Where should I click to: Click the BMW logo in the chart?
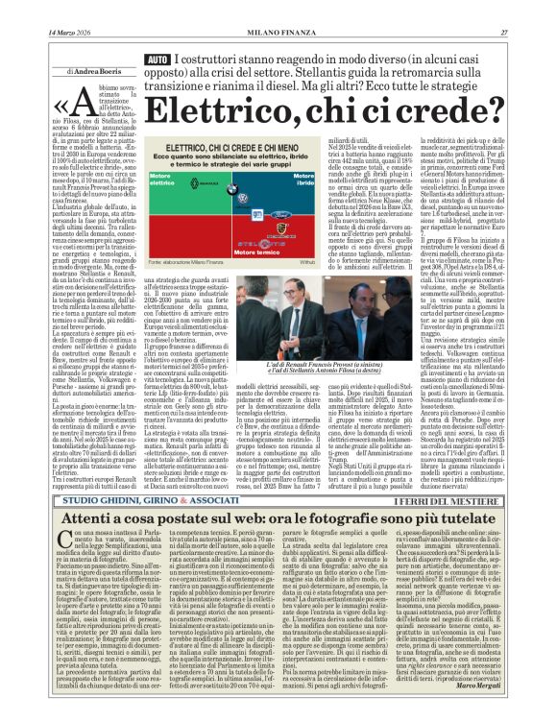(x=232, y=189)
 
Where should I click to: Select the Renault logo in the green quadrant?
(x=195, y=183)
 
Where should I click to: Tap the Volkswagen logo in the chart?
(x=244, y=199)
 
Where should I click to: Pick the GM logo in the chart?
(x=257, y=214)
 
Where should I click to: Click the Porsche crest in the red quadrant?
(x=282, y=228)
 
